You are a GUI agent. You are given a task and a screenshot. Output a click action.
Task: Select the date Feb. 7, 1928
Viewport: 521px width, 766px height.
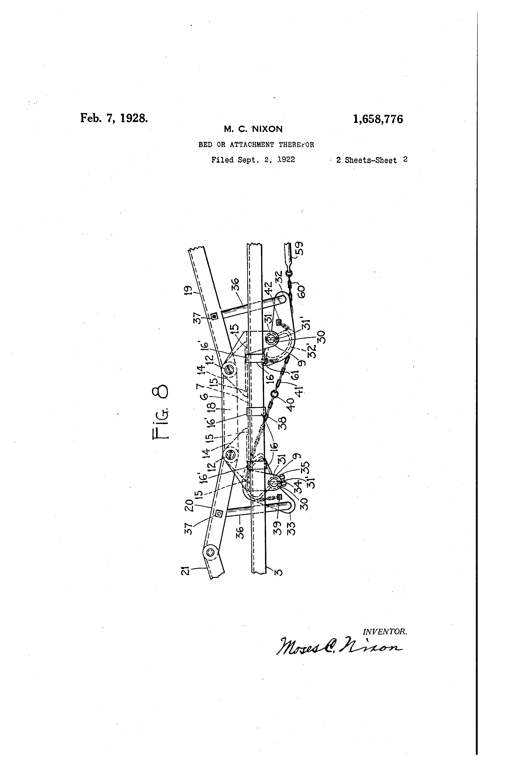pyautogui.click(x=114, y=118)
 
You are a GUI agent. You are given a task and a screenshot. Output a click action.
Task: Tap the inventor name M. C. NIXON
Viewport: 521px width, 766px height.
pyautogui.click(x=253, y=129)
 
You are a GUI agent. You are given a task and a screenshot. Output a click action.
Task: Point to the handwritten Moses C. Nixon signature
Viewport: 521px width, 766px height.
pyautogui.click(x=339, y=647)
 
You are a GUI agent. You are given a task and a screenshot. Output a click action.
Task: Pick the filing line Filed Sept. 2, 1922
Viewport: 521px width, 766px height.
pyautogui.click(x=253, y=160)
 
